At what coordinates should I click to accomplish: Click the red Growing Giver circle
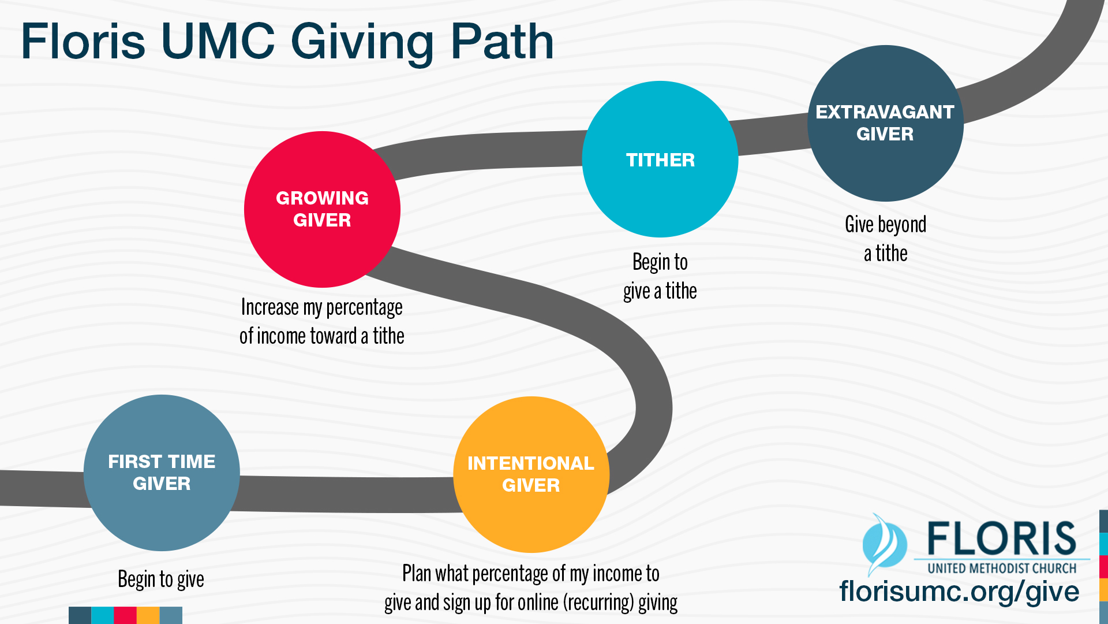pos(322,209)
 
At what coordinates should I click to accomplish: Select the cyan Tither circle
pos(660,159)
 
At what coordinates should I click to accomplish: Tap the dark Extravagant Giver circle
pos(885,123)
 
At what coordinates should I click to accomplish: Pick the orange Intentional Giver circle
pos(531,474)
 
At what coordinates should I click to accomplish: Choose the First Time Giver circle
pos(162,473)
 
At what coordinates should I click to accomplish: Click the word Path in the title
pos(502,42)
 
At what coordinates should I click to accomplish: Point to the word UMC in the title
pos(218,42)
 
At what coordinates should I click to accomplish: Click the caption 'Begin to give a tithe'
pos(660,277)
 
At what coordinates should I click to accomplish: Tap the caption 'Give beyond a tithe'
pos(886,239)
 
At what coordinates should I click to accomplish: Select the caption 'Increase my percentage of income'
pos(322,321)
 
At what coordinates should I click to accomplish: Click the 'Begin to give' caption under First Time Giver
pos(161,579)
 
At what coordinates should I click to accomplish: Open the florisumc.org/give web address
pos(959,592)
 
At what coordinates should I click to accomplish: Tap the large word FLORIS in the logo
pos(1002,538)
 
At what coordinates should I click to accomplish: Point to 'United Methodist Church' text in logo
pos(1002,569)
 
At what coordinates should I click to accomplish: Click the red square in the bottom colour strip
pos(125,615)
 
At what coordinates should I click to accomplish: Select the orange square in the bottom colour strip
pos(148,615)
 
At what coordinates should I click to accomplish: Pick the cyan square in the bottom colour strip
pos(103,615)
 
